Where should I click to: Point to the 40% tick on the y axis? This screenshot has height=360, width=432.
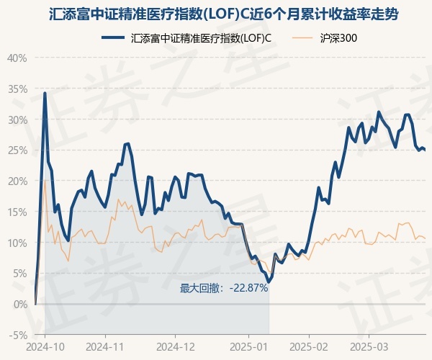point(17,58)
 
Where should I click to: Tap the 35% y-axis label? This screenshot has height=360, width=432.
point(17,89)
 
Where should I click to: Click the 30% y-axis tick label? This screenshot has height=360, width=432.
point(17,120)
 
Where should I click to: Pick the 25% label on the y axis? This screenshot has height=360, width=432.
point(17,150)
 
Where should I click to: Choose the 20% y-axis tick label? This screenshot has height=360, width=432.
point(17,181)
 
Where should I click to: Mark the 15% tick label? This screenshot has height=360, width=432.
point(17,212)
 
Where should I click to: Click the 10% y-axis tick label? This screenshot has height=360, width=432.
point(17,243)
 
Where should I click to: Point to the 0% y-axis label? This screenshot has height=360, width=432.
point(19,305)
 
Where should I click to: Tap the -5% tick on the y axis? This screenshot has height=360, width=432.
point(18,336)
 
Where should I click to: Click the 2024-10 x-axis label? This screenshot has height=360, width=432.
point(45,347)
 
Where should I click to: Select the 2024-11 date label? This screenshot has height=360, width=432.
point(105,347)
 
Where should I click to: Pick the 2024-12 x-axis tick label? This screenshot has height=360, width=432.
point(176,347)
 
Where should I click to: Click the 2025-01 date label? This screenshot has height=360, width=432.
point(248,347)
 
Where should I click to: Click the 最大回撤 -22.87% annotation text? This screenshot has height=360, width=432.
point(224,288)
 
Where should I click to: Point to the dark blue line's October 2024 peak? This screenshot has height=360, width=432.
point(45,93)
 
